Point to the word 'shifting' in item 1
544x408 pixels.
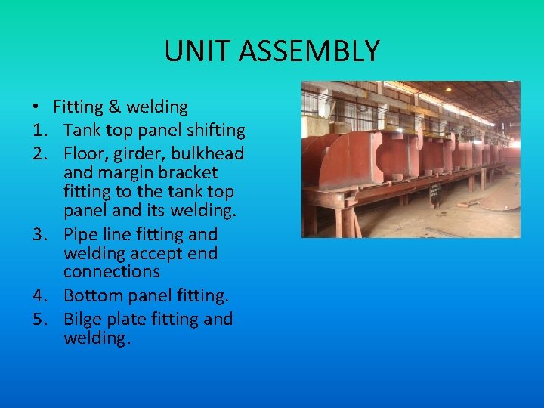click(214, 130)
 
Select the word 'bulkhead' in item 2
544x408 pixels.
click(208, 153)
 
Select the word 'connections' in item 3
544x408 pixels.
click(112, 271)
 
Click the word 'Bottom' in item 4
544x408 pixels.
click(92, 295)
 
